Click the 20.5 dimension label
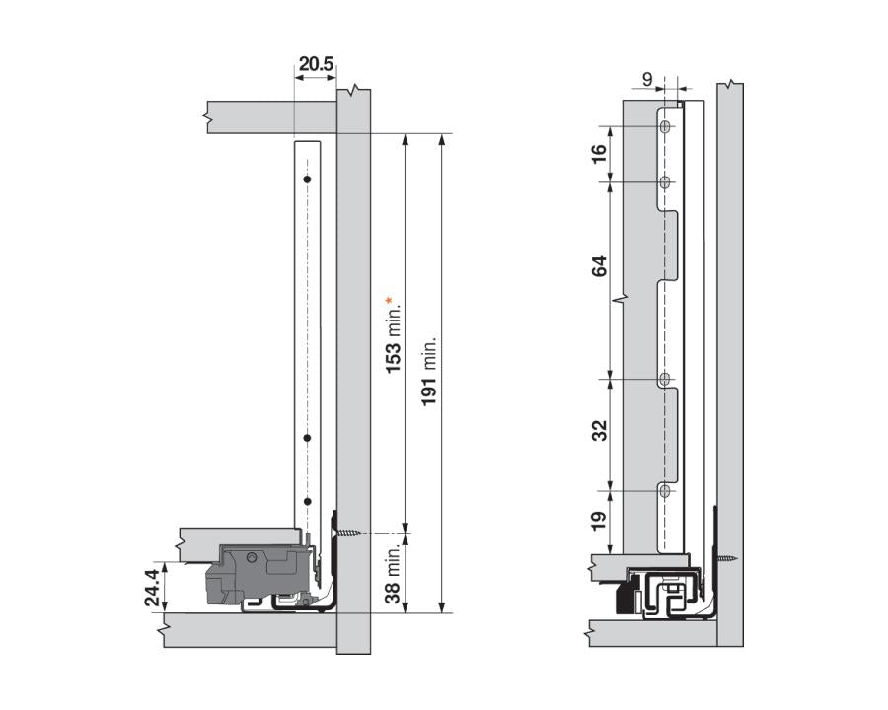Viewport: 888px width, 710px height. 316,65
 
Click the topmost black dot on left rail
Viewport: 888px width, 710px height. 308,179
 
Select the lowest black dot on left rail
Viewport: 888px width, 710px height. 308,501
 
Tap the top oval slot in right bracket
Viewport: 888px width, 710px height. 665,127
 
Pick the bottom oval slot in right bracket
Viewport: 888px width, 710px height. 665,490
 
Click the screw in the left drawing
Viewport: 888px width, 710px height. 351,533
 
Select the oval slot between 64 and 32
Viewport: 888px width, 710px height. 665,379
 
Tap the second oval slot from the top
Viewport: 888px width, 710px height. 665,181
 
